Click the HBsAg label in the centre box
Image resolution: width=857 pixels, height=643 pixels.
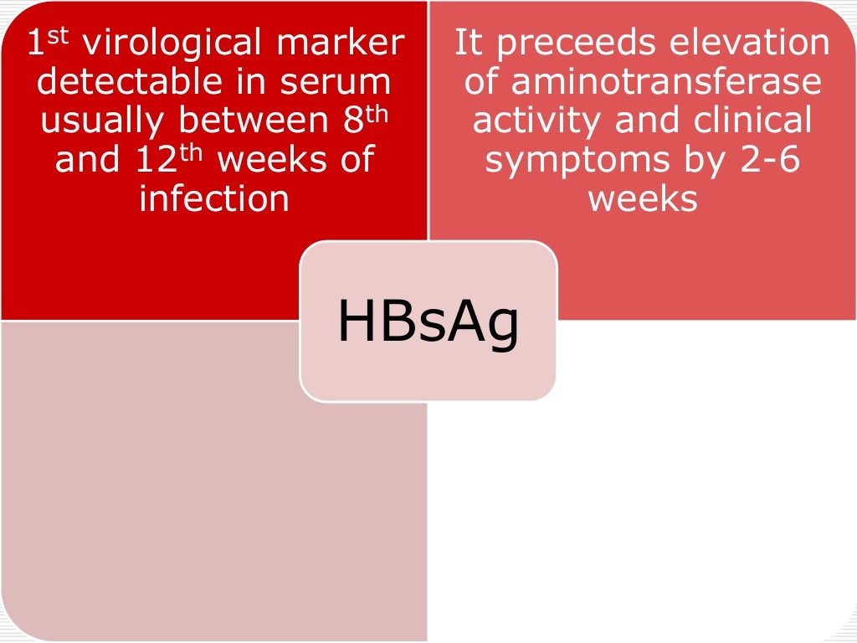[x=428, y=321]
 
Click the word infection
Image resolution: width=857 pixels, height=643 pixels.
[x=214, y=198]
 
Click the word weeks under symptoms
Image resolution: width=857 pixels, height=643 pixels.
[x=642, y=198]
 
